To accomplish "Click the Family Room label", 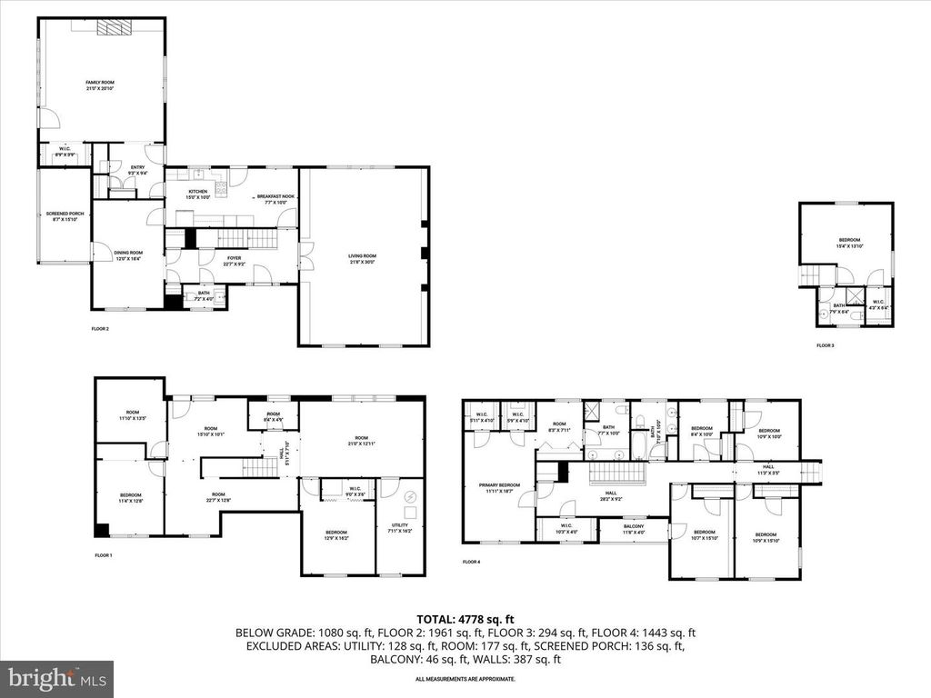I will coord(100,85).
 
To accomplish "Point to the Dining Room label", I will coord(128,255).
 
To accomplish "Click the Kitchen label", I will coord(198,194).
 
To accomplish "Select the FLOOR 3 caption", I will coord(825,345).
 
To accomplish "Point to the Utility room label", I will coord(400,527).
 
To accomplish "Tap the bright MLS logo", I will coord(57,677).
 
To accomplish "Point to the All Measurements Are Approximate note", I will coord(465,679).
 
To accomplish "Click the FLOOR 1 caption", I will coord(103,554).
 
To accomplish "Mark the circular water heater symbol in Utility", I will coord(408,497).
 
